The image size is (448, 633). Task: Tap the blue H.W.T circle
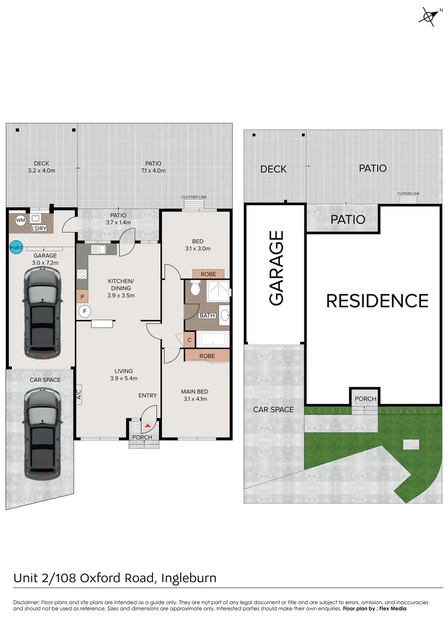[x=16, y=248]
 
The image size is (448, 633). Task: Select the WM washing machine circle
[x=21, y=220]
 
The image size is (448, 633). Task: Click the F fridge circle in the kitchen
[x=84, y=311]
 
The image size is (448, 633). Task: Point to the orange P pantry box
[x=83, y=297]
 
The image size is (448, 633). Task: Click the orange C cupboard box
[x=189, y=339]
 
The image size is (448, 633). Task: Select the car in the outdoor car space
[x=42, y=434]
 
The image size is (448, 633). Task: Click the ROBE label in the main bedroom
[x=207, y=356]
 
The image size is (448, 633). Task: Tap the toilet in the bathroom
[x=196, y=288]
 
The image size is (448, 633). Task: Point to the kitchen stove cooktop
[x=82, y=274]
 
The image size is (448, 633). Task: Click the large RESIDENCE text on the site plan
[x=377, y=301]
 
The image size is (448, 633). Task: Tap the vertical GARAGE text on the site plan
[x=276, y=268]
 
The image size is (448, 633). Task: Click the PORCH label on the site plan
[x=365, y=399]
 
